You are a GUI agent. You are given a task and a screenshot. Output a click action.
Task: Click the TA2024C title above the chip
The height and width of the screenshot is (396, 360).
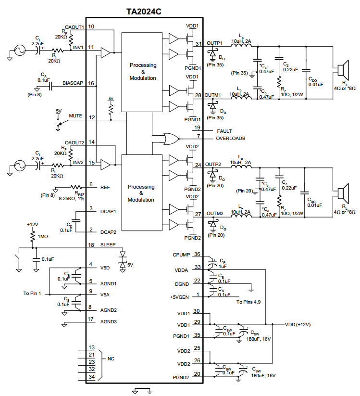coord(144,12)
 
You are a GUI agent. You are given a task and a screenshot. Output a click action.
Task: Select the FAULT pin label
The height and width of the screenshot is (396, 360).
coord(224,131)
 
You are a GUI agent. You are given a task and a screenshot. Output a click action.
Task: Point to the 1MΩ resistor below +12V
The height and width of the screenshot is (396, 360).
coord(33,237)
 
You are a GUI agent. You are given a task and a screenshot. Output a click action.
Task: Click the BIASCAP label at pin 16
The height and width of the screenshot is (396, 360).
coord(73,83)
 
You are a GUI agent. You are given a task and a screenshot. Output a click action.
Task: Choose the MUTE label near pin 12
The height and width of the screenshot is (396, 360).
coord(75,115)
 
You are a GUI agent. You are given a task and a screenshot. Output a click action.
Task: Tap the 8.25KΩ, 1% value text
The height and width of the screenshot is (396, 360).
coord(72,199)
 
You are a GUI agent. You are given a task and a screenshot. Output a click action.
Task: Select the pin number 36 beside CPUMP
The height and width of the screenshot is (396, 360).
coord(197,254)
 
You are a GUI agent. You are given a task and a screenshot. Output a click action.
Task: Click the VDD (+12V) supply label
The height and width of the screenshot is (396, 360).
coord(298,324)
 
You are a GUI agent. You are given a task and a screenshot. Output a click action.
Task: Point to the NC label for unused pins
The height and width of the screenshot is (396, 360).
coord(111,359)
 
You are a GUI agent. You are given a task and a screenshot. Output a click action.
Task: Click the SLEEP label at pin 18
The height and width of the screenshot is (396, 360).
coord(108,245)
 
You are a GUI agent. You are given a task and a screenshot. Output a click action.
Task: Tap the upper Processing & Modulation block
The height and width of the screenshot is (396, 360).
coord(142,72)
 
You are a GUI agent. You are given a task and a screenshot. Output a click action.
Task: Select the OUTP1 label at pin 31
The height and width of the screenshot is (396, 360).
coord(214,43)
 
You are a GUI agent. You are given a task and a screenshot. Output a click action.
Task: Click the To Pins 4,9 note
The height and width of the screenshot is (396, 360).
coord(248,302)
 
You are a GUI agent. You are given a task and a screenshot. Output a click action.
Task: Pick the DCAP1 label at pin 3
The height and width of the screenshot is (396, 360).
coord(108,211)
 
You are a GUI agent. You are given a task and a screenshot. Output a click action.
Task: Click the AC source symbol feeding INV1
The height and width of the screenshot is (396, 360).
coord(20,50)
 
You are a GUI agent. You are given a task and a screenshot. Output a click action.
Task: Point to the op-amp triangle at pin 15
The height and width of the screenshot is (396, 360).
coord(105,165)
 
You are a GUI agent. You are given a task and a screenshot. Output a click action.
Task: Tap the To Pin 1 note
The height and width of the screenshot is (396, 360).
coord(32,293)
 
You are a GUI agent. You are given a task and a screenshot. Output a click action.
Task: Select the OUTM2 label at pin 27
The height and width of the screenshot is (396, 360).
coord(215,214)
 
